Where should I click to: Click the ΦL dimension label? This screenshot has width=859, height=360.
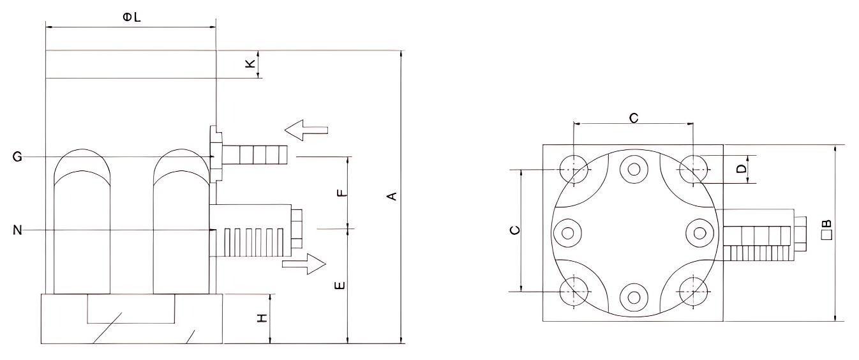click(x=132, y=18)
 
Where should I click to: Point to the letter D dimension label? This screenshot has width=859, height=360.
click(x=741, y=169)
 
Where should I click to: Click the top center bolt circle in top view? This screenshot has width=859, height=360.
click(x=633, y=169)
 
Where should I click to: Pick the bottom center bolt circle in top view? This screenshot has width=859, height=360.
click(x=633, y=295)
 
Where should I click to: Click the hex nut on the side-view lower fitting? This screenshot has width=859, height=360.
click(x=298, y=230)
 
